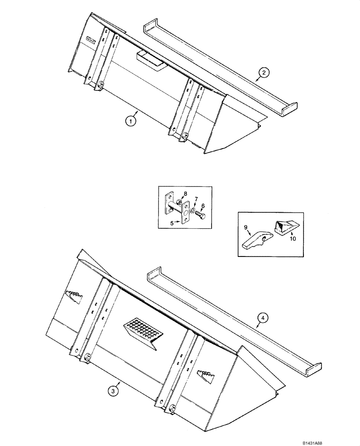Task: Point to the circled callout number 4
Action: pos(263,318)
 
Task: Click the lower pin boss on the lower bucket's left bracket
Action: pos(87,357)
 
